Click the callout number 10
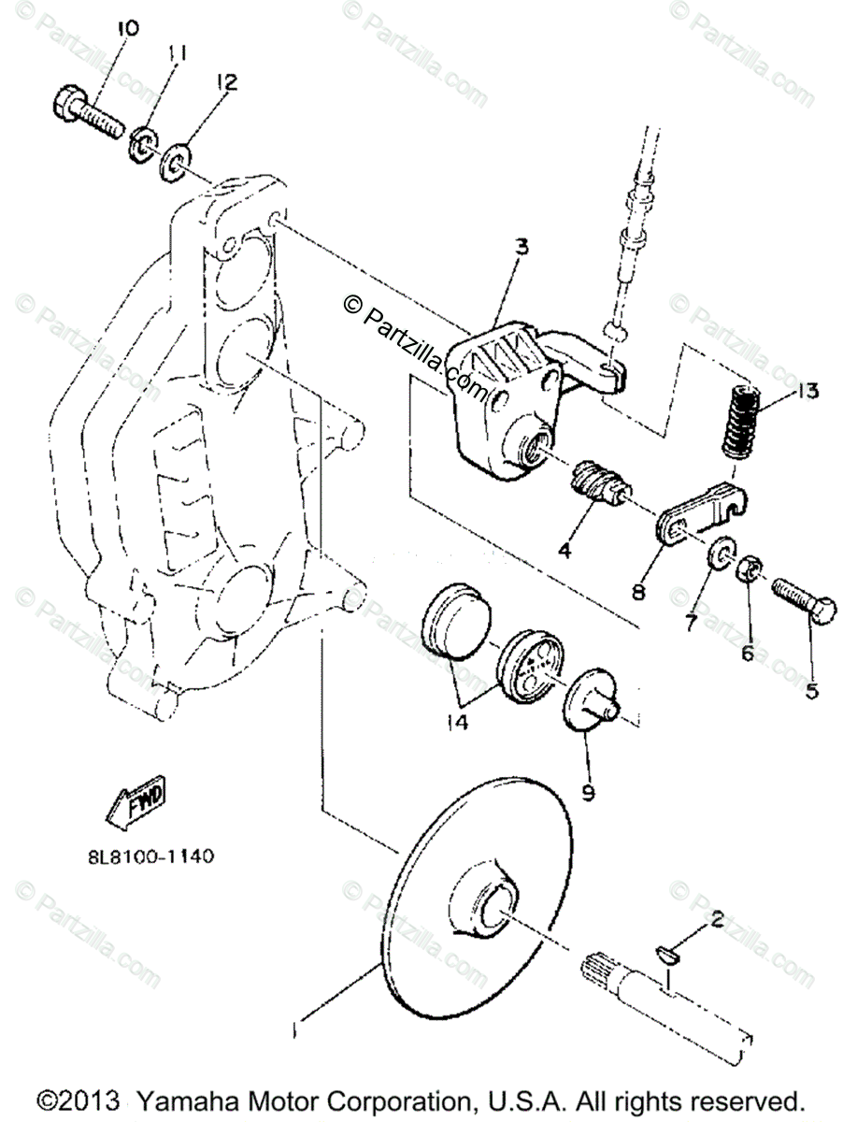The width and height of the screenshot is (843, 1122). pyautogui.click(x=127, y=30)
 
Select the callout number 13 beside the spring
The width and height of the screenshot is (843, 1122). pyautogui.click(x=808, y=391)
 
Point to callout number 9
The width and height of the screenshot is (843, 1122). pyautogui.click(x=588, y=794)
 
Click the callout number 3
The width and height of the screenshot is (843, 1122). pyautogui.click(x=522, y=248)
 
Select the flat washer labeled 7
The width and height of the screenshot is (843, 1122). pyautogui.click(x=721, y=554)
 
